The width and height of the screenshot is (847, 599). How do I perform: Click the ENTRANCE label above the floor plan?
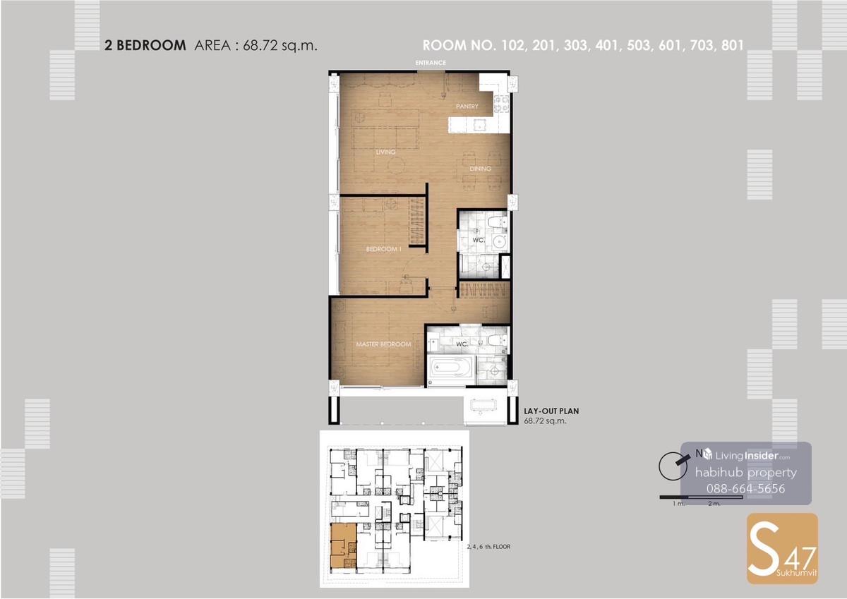(431, 63)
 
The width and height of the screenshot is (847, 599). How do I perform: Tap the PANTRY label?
(467, 107)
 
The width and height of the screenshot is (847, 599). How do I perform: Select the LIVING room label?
(385, 152)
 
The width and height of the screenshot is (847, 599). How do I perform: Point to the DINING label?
(480, 169)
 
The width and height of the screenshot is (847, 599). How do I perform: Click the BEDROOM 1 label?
(383, 249)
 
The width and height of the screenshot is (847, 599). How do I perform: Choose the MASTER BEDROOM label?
(383, 344)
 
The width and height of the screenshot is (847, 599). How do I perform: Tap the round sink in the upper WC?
(500, 242)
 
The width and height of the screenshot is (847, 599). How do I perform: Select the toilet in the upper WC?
(496, 222)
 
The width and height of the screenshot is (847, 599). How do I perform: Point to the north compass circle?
(673, 466)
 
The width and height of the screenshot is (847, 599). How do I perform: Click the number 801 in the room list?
(733, 45)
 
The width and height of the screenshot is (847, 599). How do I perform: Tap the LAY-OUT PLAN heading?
(551, 411)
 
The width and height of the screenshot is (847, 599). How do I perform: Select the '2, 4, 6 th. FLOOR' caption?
(488, 547)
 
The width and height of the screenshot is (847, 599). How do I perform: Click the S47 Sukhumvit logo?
(782, 548)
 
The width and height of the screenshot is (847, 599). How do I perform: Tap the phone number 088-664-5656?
(745, 489)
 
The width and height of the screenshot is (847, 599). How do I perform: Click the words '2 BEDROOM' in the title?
(145, 45)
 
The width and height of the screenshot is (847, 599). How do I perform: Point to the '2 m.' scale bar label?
(714, 504)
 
